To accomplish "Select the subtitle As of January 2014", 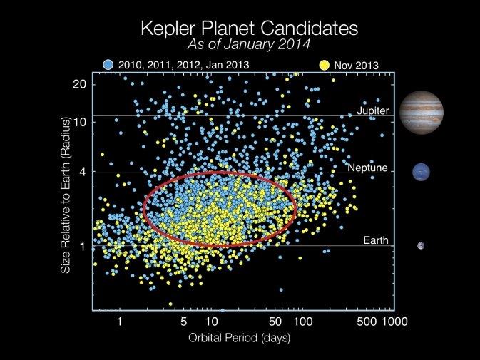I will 239,46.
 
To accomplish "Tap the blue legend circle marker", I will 108,64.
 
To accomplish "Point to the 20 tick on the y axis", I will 80,83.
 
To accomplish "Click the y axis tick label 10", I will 80,121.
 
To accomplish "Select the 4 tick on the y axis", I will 83,172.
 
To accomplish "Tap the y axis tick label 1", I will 83,247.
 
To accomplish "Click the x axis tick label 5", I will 184,321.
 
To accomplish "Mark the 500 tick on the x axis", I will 366,321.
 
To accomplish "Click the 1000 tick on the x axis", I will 394,321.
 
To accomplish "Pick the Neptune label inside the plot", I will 368,168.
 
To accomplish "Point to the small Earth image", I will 421,246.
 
